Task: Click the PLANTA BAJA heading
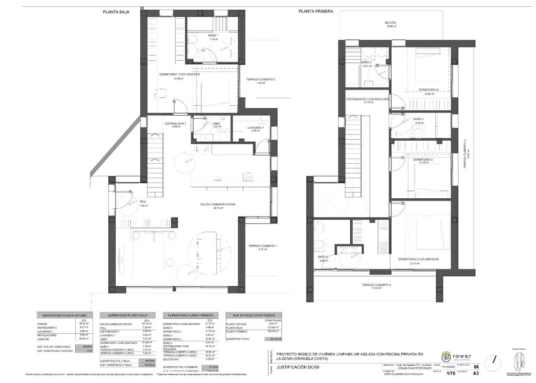pos(116,10)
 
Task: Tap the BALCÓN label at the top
pos(390,23)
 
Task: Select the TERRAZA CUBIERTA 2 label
pos(261,79)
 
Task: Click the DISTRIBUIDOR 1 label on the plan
pos(175,123)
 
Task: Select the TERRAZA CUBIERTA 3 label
pos(376,285)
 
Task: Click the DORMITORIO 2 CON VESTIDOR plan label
pos(417,259)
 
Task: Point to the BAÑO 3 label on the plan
pos(418,119)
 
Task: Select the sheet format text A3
pos(475,374)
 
